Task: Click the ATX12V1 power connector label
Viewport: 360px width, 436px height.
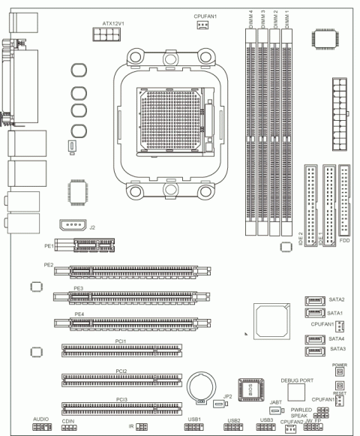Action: click(x=112, y=23)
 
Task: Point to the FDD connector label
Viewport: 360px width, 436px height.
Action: click(x=344, y=242)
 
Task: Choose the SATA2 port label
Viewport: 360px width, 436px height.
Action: click(x=337, y=299)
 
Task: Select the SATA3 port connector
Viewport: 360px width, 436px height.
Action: click(x=314, y=350)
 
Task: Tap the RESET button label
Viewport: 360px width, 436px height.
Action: click(x=340, y=393)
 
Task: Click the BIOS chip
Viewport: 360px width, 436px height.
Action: click(x=249, y=387)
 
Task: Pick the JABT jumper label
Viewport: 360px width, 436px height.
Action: click(x=275, y=402)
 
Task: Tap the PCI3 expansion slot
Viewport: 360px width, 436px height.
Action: click(x=121, y=408)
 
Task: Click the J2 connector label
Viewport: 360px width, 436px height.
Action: click(x=91, y=226)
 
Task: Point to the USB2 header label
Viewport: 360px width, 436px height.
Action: click(x=233, y=420)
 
